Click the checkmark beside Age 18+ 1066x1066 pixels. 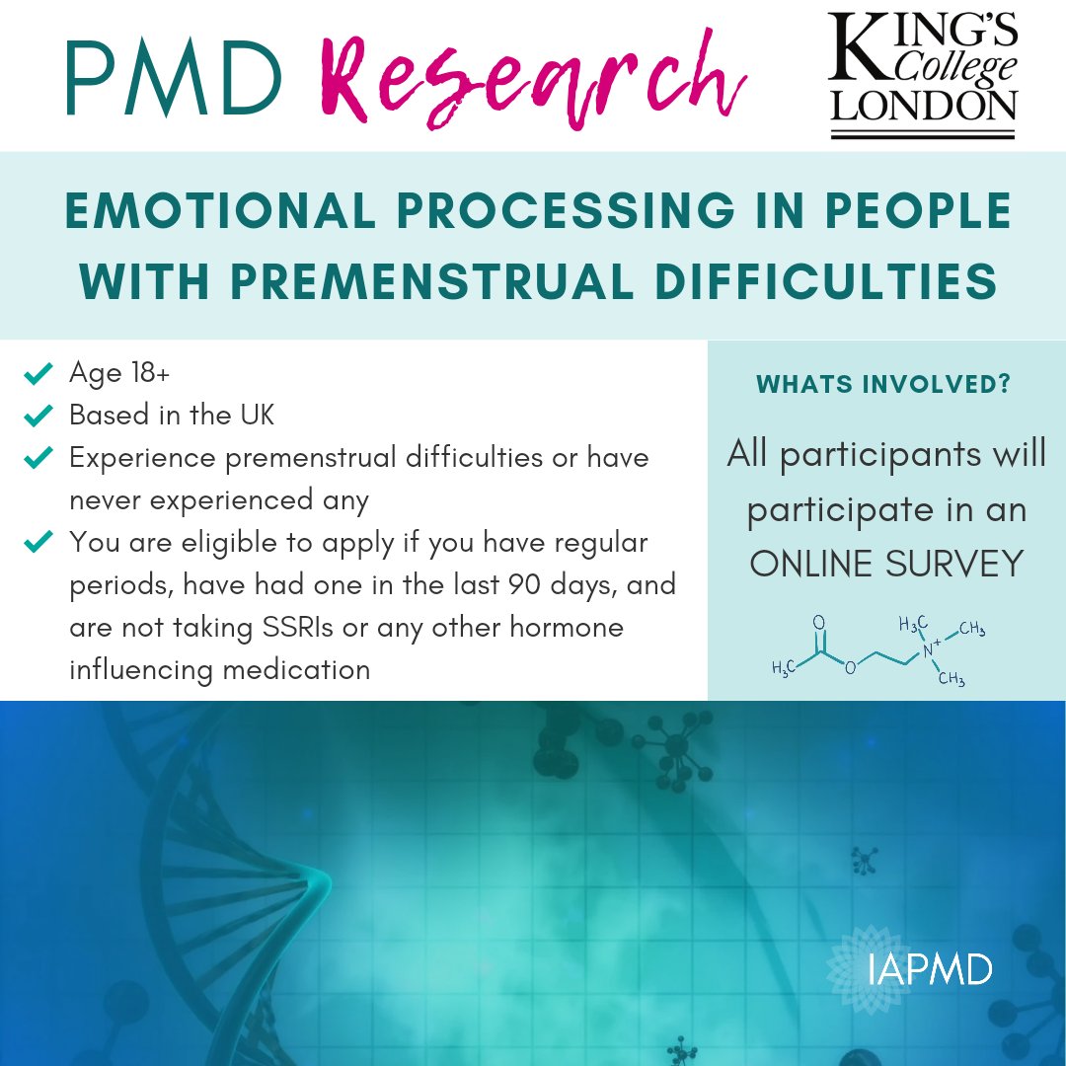coord(38,373)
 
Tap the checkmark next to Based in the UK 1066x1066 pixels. coord(38,417)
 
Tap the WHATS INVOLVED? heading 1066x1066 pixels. coord(883,385)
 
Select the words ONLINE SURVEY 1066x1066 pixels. coord(885,564)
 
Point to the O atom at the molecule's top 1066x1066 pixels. coord(818,623)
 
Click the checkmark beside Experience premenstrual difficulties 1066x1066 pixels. coord(38,459)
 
